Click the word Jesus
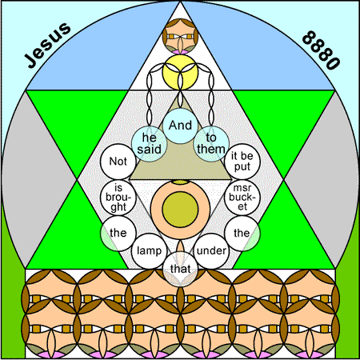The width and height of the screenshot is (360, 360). pos(47,45)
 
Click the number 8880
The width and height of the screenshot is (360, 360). pos(321,50)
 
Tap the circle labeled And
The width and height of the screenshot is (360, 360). pos(181,126)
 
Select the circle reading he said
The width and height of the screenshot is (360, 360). pos(150,144)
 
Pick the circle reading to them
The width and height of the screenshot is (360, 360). pos(211,144)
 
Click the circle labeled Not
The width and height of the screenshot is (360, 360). pos(118,162)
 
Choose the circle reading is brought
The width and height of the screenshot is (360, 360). pos(118,198)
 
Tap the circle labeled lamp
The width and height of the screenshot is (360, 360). pos(150,251)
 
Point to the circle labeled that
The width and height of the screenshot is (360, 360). pos(181,269)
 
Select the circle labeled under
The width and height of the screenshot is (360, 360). pos(211,251)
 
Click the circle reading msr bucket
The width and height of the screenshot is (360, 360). pos(242,198)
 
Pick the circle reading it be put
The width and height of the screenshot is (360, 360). pos(242,162)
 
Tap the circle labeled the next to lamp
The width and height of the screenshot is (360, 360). pos(118,234)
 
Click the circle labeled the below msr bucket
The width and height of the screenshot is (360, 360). pos(242,234)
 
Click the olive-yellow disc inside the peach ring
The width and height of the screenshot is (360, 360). pos(181,210)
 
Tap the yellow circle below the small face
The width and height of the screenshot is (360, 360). pos(181,73)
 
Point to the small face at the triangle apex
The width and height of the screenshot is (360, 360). pos(181,37)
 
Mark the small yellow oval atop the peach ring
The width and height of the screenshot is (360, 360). pos(181,182)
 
